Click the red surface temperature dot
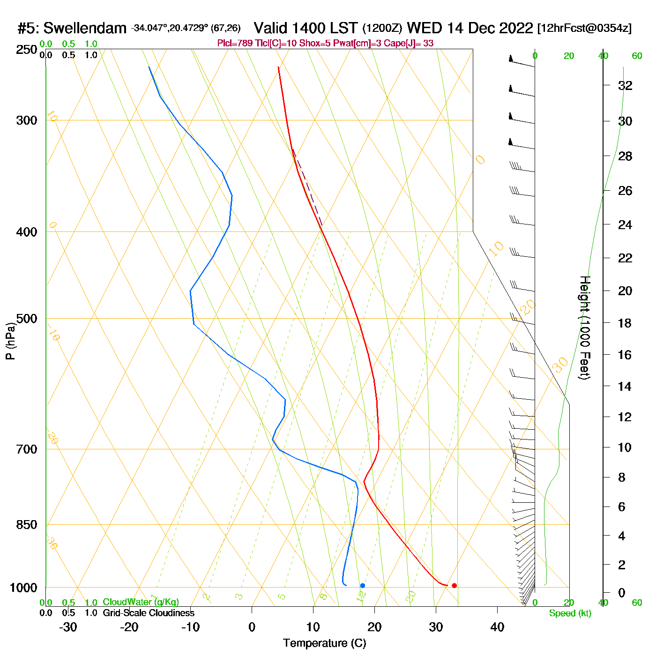click(x=454, y=585)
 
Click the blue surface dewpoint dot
click(x=362, y=585)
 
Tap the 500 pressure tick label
click(x=27, y=319)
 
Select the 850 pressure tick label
click(x=27, y=525)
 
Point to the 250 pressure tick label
click(x=27, y=50)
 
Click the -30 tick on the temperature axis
click(x=68, y=627)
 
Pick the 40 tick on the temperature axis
click(x=497, y=627)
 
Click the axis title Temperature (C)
click(x=324, y=643)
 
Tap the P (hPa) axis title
click(x=10, y=341)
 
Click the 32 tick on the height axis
click(x=625, y=85)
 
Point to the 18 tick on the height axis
click(x=625, y=323)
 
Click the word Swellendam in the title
click(x=85, y=29)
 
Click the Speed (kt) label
click(x=570, y=613)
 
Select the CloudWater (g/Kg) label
click(x=141, y=602)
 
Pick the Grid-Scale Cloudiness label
click(x=149, y=613)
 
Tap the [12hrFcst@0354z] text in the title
click(x=585, y=29)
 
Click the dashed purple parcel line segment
click(x=308, y=188)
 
